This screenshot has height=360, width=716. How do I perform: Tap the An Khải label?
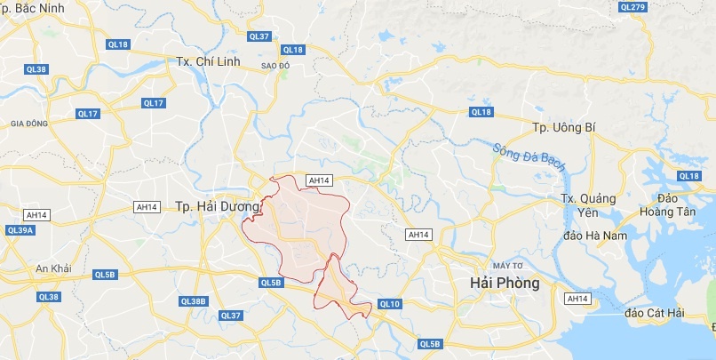(x=52, y=268)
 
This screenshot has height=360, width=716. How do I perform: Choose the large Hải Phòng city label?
(x=504, y=283)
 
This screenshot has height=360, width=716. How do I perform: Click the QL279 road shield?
(x=632, y=7)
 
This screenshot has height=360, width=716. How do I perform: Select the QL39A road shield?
(x=19, y=229)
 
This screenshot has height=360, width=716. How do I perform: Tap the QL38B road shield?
(x=193, y=301)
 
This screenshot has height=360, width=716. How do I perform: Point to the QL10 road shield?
(x=390, y=304)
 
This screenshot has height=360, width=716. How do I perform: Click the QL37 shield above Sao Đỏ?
(x=259, y=36)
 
